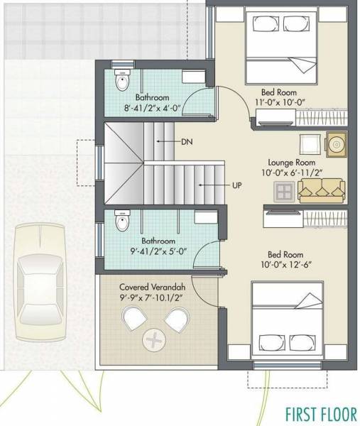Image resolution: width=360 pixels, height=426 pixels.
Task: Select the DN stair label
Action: coord(187,143)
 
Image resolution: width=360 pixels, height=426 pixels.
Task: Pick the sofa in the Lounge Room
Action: coord(322,189)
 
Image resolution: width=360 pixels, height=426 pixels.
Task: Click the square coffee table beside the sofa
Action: coord(284,190)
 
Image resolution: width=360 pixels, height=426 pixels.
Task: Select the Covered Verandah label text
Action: coord(153,286)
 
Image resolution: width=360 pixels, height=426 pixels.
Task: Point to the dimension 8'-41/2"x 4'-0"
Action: coord(151,109)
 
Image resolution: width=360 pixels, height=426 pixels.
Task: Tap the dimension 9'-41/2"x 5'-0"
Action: coord(152,251)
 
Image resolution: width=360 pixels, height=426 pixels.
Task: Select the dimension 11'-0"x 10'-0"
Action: coord(279,102)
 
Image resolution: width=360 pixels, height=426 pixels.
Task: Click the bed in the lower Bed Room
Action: coord(284,320)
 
